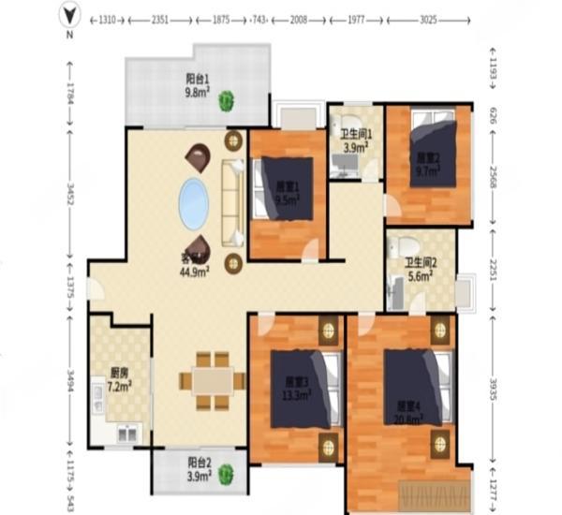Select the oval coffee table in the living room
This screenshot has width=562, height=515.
tap(194, 202)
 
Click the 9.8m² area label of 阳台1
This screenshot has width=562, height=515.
tap(197, 93)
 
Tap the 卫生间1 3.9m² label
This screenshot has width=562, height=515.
tap(356, 140)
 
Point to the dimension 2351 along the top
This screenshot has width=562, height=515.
tap(154, 20)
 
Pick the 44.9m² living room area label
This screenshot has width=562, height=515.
tap(195, 270)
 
